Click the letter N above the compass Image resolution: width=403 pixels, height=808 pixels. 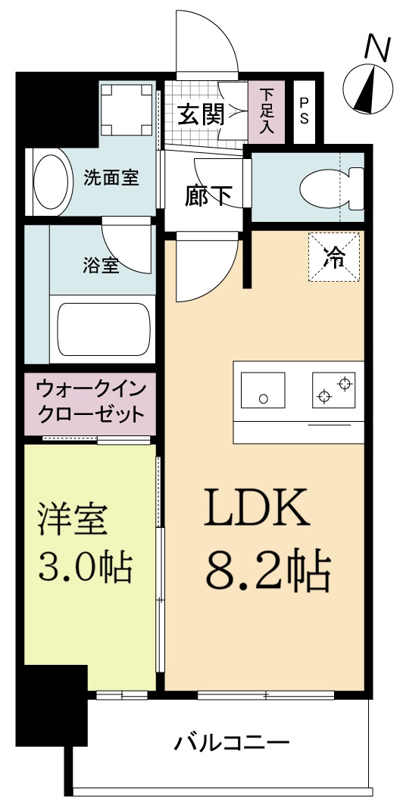374,46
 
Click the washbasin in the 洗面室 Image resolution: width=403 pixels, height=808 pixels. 50,182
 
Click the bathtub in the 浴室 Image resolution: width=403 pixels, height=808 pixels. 104,330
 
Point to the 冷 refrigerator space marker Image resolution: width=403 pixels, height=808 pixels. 333,258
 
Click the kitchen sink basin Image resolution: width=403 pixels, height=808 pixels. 263,390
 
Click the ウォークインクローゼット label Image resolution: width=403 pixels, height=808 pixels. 89,403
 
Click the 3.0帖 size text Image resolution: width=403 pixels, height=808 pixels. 85,566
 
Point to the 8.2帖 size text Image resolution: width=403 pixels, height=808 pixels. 267,573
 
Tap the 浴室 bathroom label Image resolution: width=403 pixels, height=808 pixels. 100,266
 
